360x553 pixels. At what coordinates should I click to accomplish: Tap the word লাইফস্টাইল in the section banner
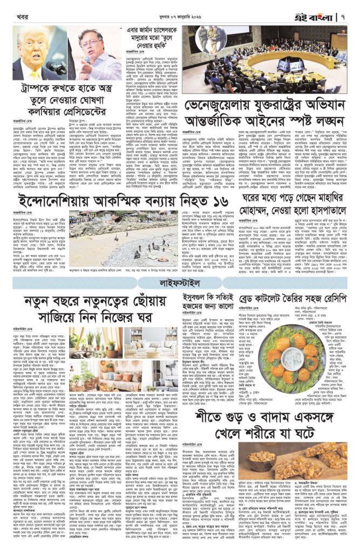[x=180, y=283]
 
